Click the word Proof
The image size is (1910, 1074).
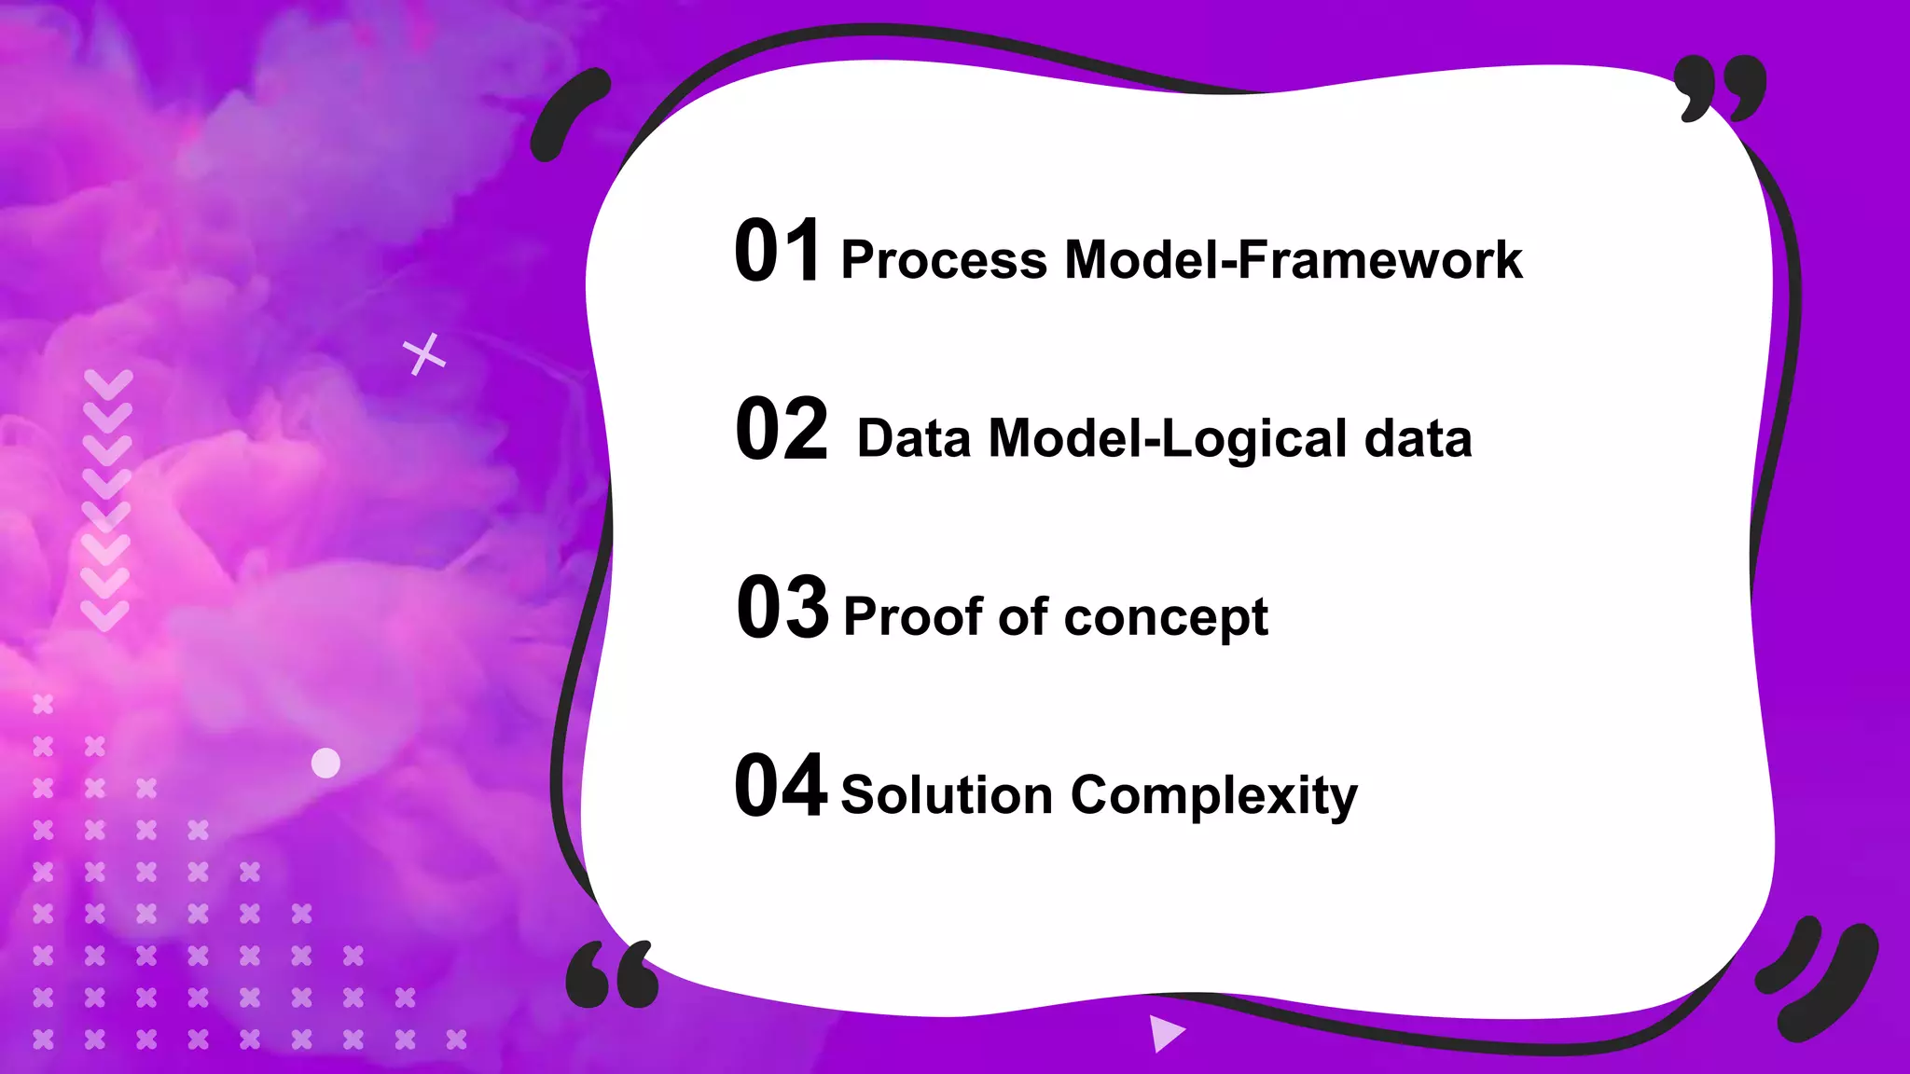click(x=913, y=616)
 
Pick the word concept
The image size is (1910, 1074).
click(x=1165, y=618)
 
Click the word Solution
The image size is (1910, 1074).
click(x=946, y=795)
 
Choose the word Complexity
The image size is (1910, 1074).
click(x=1213, y=797)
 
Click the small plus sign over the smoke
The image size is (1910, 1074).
click(x=424, y=354)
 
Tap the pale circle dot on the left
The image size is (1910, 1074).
click(x=325, y=763)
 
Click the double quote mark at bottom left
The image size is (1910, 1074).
click(x=612, y=975)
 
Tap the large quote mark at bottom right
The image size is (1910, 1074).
click(x=1816, y=980)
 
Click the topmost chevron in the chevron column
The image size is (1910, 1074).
click(x=108, y=383)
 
